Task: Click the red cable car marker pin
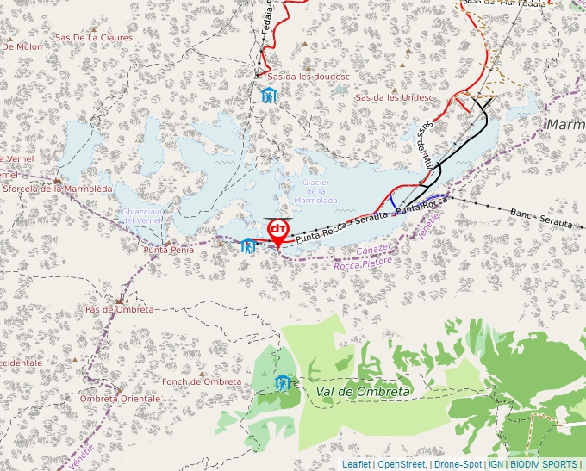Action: tap(277, 231)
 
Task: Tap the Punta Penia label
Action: tap(168, 250)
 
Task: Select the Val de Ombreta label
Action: tap(363, 392)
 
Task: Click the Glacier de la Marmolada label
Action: tap(315, 191)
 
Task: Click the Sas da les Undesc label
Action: tap(394, 97)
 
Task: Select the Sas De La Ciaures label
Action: tap(94, 38)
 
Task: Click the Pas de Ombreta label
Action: tap(119, 309)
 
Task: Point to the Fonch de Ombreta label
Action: tap(202, 381)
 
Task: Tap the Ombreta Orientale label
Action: tap(120, 399)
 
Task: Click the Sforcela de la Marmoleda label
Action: tap(57, 189)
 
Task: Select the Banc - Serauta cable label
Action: tap(541, 217)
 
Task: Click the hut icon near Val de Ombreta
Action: tap(282, 383)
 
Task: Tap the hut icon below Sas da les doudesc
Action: tap(270, 96)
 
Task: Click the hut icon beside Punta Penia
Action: tap(249, 247)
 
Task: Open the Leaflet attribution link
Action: tap(356, 464)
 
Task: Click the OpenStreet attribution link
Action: tap(402, 464)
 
